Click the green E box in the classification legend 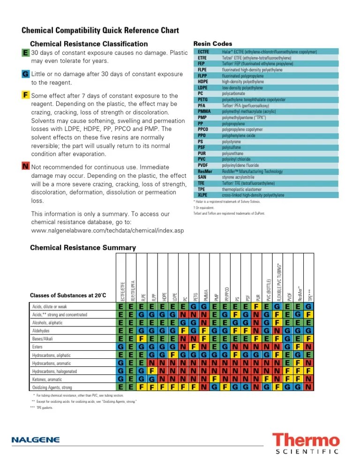25,53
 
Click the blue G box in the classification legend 25,75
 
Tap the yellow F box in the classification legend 25,95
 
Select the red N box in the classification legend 25,166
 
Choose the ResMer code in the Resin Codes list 203,172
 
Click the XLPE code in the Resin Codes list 202,195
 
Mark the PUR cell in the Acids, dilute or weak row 256,306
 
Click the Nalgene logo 36,440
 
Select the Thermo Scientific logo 306,444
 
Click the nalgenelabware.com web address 107,231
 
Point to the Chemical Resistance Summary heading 83,248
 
